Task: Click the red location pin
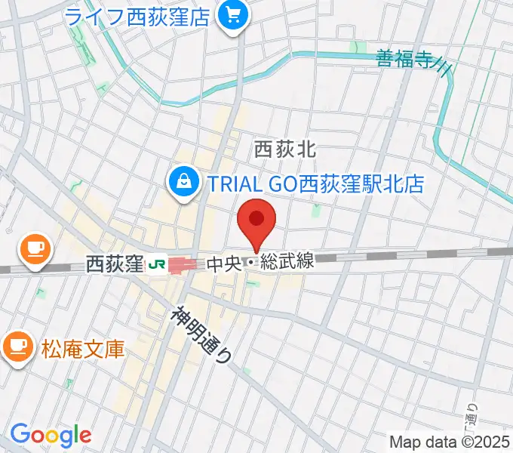click(x=256, y=221)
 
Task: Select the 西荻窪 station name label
click(x=114, y=264)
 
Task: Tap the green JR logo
click(x=157, y=264)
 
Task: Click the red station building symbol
click(x=182, y=265)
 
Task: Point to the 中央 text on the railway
click(x=223, y=264)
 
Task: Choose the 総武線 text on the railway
click(x=287, y=263)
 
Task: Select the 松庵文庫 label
click(x=83, y=349)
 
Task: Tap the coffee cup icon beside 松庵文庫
click(x=17, y=347)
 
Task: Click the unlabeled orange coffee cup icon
click(x=34, y=248)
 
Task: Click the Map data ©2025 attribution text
click(x=448, y=442)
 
